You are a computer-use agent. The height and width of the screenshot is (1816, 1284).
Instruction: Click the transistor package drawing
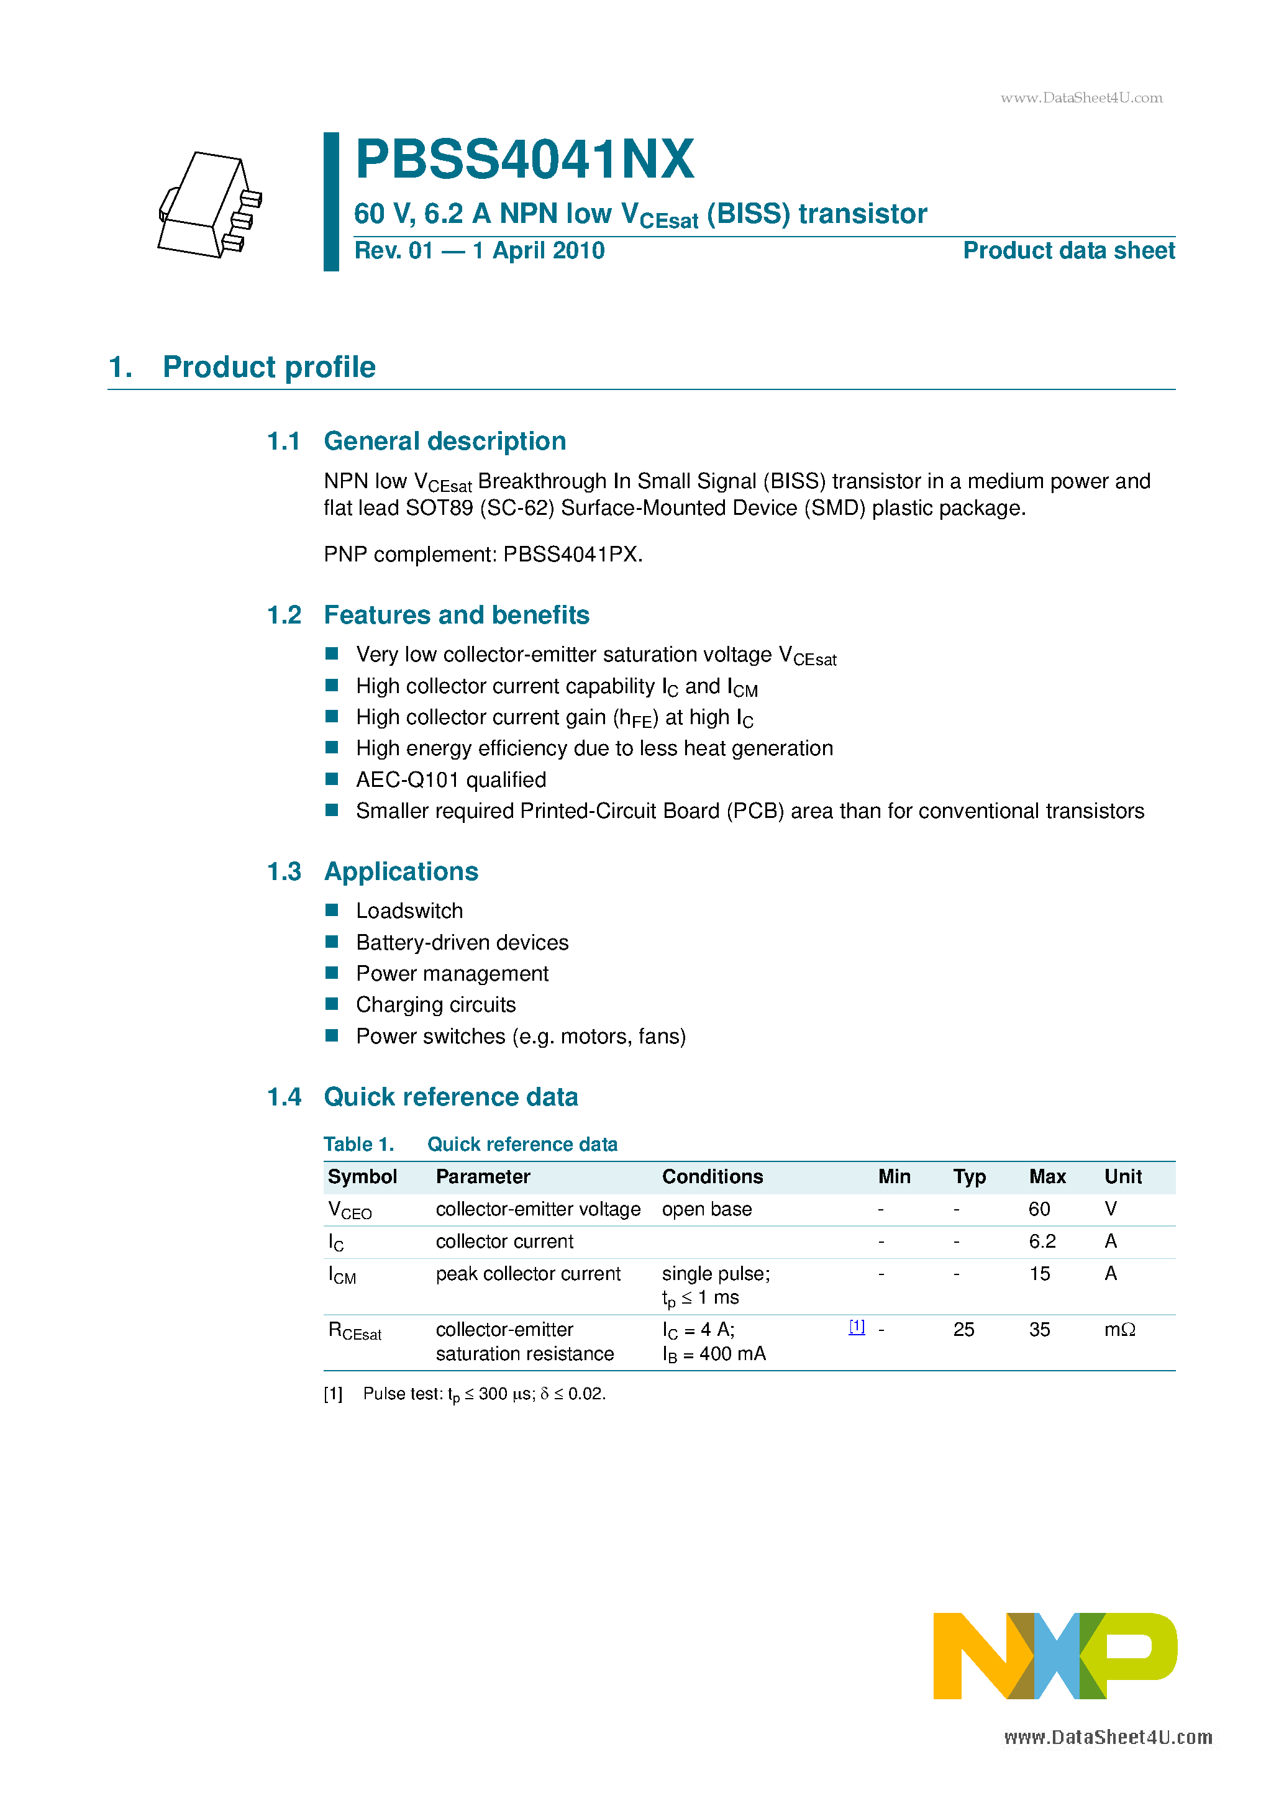209,205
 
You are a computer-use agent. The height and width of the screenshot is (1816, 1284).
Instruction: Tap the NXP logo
1055,1655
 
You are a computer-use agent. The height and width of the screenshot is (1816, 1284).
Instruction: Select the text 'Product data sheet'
1068,251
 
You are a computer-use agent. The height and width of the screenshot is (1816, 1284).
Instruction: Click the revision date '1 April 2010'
538,251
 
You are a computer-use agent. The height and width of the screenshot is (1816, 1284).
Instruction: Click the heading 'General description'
445,442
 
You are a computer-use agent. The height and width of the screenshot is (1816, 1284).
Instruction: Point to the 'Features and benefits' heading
457,615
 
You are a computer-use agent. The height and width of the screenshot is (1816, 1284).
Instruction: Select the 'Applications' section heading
401,871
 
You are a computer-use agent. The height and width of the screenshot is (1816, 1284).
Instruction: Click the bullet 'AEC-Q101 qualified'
451,780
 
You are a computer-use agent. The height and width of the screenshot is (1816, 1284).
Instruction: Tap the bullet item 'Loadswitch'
409,911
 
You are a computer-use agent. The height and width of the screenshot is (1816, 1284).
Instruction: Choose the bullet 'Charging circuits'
436,1004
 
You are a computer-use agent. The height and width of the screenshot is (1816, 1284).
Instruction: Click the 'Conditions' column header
712,1177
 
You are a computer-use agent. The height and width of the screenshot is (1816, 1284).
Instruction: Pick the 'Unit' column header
1122,1177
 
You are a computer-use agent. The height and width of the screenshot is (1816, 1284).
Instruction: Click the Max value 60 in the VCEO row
1039,1209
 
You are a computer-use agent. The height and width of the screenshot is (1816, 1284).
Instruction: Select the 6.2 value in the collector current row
1042,1242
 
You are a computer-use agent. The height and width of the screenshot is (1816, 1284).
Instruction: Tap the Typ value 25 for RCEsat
963,1330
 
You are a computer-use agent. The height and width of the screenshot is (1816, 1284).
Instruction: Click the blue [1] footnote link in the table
857,1327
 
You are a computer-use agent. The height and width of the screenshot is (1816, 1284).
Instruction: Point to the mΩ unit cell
1119,1330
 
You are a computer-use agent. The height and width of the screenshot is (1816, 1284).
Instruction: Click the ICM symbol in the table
342,1274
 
